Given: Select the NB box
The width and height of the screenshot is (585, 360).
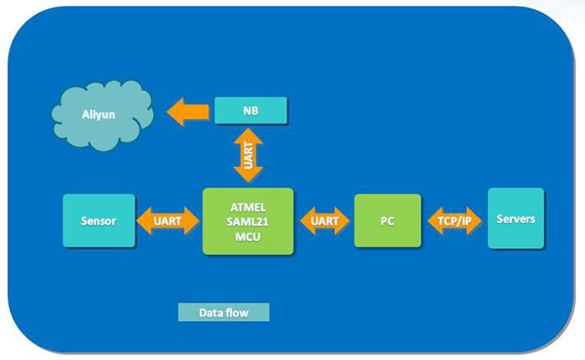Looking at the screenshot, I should point(251,109).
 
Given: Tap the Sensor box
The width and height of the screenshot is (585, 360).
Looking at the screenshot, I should point(99,221).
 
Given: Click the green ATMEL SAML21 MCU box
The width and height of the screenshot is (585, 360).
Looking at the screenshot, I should point(248,221).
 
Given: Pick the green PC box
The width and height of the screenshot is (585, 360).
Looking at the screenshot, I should point(387,221).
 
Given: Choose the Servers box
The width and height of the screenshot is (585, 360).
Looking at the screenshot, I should point(516,218).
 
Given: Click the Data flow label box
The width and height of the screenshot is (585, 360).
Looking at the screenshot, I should point(224,313).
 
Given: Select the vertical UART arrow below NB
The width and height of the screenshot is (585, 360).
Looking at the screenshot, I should point(249,155).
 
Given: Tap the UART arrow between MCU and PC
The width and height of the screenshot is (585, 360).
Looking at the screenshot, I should point(324,221).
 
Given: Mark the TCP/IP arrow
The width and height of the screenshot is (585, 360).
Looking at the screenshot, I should point(455,221).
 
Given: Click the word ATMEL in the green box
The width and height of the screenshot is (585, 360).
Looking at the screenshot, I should point(248,205).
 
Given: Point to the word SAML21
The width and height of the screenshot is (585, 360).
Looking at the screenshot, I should point(248,221).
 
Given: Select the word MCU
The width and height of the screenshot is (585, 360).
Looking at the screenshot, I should point(248,236).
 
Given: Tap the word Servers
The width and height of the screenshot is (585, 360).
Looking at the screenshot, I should point(516,219).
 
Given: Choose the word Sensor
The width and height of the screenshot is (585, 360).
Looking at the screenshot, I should point(99,221).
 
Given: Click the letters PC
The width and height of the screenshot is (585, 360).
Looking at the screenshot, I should point(387,221).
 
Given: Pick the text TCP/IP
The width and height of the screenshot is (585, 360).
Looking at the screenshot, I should point(455,221).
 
